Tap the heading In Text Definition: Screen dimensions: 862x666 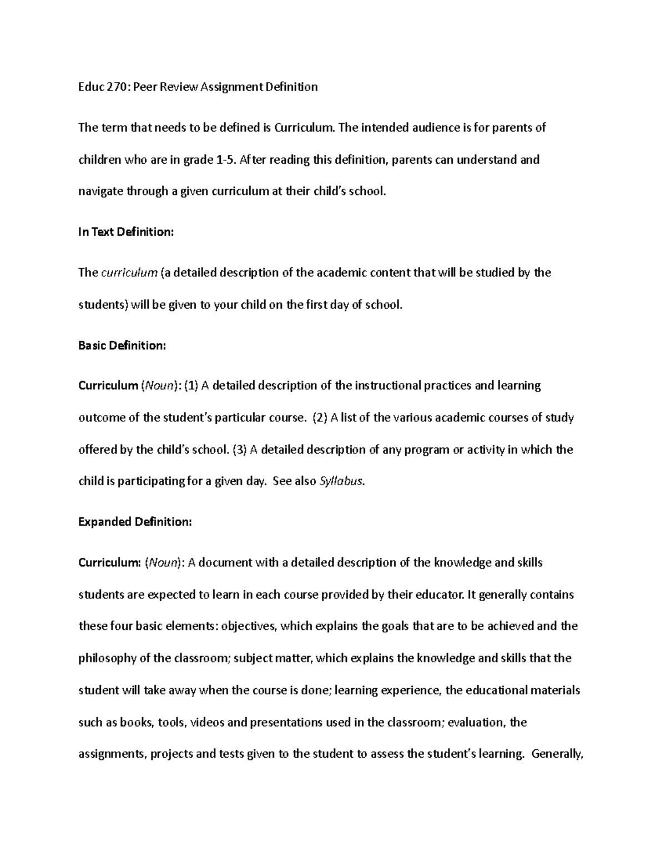(126, 232)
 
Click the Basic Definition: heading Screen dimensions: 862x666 (122, 345)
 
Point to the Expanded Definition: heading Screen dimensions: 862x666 (135, 522)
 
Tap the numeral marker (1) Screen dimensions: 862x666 (191, 385)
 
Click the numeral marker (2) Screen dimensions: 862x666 (320, 417)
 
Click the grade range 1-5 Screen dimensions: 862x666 (226, 160)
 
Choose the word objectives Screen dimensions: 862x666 (248, 626)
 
